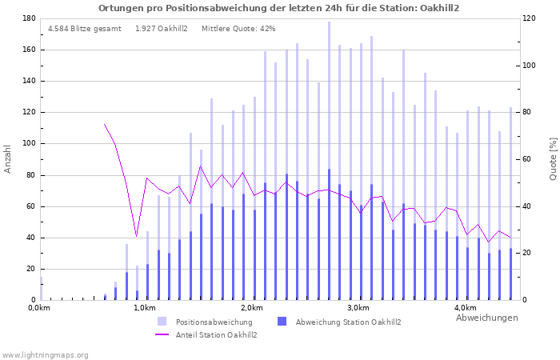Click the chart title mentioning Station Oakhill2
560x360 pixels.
pos(279,7)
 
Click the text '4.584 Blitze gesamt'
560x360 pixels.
pos(85,28)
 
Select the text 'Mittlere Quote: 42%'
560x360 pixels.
pos(238,28)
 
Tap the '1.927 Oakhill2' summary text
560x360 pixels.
pos(162,28)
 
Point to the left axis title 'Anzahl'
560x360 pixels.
pos(8,158)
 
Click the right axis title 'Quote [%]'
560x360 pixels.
pos(552,158)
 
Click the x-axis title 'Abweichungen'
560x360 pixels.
pos(486,318)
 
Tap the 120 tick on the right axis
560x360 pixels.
pos(532,18)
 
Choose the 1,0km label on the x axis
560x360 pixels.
pos(144,308)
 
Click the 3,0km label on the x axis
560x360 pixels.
pos(358,308)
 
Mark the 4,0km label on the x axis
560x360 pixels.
pos(466,308)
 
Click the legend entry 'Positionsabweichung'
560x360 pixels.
pos(214,322)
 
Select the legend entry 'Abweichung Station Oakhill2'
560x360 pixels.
pos(348,322)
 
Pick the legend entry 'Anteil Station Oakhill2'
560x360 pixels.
pos(216,334)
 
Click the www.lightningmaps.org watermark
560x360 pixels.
pos(46,354)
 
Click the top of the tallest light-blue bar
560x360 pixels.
pos(329,22)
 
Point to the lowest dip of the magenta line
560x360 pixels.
pos(137,236)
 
